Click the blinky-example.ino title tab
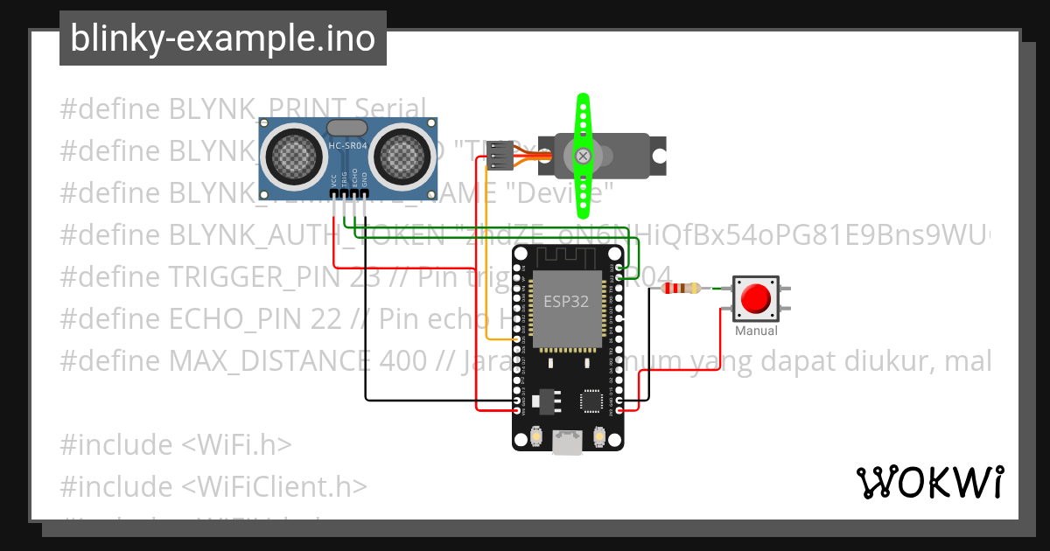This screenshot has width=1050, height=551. pyautogui.click(x=222, y=38)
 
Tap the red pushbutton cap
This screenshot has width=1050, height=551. pyautogui.click(x=755, y=298)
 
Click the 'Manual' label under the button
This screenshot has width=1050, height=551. pyautogui.click(x=756, y=331)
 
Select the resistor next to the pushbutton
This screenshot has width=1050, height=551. pyautogui.click(x=682, y=289)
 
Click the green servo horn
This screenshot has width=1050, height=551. pyautogui.click(x=583, y=156)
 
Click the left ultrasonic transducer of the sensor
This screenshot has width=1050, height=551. pyautogui.click(x=294, y=156)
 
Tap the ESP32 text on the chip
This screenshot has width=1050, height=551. pyautogui.click(x=566, y=303)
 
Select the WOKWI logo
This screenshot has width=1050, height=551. pyautogui.click(x=928, y=482)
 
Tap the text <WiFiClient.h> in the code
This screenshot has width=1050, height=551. pyautogui.click(x=274, y=486)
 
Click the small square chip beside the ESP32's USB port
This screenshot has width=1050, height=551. pyautogui.click(x=591, y=401)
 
